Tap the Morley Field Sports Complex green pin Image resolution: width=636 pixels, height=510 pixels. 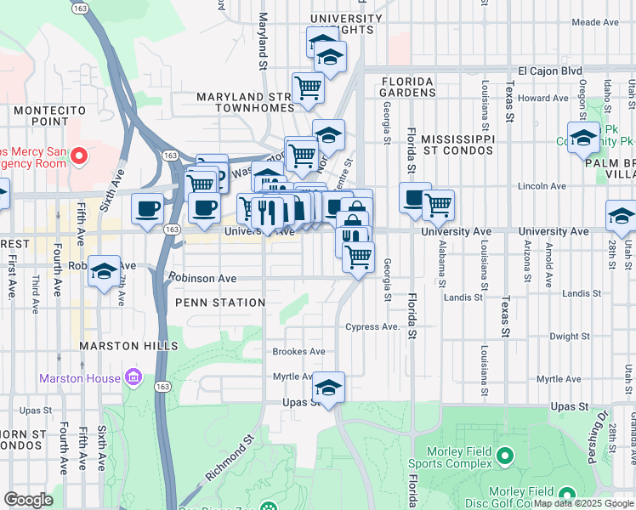click(503, 457)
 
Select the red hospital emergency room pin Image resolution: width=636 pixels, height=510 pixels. click(78, 156)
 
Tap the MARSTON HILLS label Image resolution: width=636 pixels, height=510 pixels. click(128, 346)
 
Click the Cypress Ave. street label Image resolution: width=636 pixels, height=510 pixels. click(372, 327)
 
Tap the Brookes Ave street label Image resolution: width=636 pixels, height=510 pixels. click(298, 351)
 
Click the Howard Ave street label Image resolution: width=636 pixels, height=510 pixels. click(542, 99)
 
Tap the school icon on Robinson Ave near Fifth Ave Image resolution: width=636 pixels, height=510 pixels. click(105, 271)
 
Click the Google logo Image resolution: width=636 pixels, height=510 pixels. click(28, 500)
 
